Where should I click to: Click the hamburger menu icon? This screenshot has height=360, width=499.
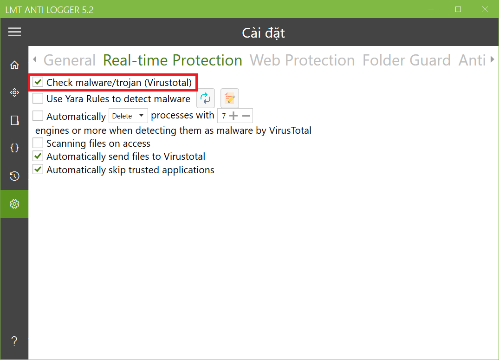[15, 32]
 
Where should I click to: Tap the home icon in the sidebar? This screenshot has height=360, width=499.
[14, 65]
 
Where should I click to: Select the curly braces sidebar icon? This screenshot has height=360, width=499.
[14, 148]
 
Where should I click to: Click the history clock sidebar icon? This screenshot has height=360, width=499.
[14, 176]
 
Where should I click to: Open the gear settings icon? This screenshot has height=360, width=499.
[14, 204]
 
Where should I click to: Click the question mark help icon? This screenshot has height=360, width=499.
[14, 341]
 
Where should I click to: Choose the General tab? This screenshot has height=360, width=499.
[69, 60]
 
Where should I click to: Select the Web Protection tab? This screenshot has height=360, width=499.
[302, 60]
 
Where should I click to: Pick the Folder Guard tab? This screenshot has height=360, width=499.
[406, 60]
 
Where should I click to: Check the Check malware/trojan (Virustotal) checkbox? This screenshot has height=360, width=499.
[38, 82]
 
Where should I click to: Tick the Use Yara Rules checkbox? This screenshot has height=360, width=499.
[38, 98]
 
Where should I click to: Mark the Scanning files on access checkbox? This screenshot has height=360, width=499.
[38, 143]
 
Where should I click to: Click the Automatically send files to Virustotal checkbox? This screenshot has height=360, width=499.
[38, 156]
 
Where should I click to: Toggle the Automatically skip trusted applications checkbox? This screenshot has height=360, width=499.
[38, 170]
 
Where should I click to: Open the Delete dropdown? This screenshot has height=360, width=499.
[128, 116]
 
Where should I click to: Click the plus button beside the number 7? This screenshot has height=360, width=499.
[233, 116]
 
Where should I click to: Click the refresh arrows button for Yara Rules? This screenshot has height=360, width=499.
[206, 98]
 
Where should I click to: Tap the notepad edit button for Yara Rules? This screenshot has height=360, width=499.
[229, 98]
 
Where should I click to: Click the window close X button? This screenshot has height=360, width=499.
[485, 9]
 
